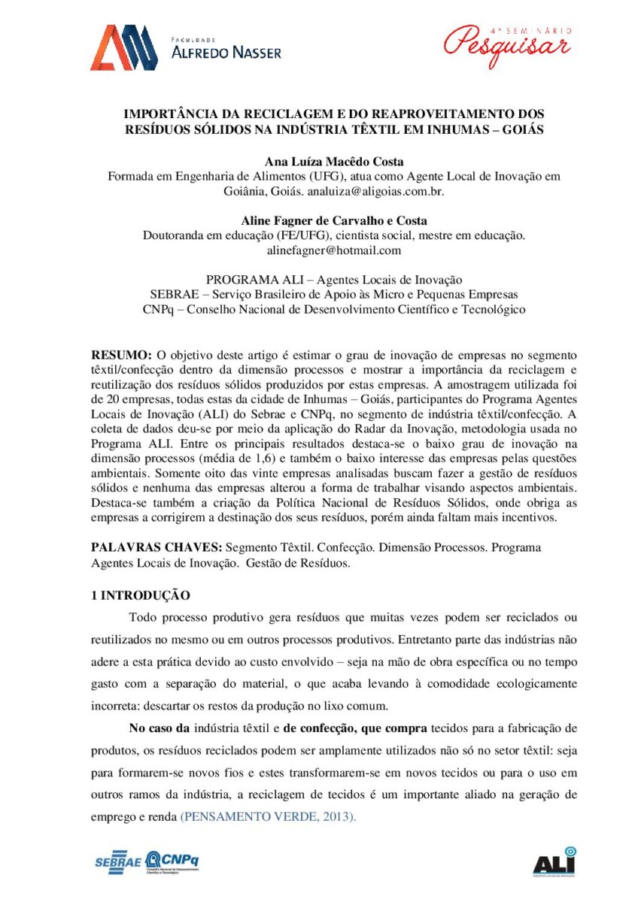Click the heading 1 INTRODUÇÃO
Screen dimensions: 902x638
pyautogui.click(x=141, y=595)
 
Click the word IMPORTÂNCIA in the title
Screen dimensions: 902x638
pyautogui.click(x=169, y=114)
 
